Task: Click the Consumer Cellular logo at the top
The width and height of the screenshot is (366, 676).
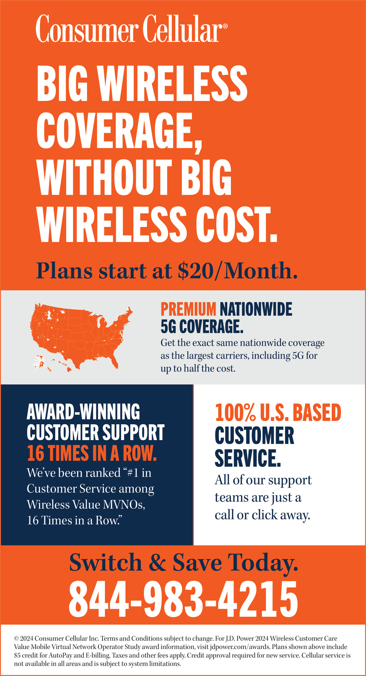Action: [131, 29]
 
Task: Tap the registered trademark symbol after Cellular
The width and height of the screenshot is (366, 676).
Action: [225, 26]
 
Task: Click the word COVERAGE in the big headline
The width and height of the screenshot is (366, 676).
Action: [119, 131]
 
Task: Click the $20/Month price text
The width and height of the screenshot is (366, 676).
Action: [238, 271]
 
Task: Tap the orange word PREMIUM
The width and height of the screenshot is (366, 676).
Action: [188, 309]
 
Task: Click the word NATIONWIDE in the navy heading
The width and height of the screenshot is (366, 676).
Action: [256, 309]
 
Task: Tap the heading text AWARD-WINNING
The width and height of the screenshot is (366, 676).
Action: [83, 412]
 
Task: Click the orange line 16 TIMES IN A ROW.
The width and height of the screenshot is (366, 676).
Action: [92, 453]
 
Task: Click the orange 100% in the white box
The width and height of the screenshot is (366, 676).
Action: [235, 413]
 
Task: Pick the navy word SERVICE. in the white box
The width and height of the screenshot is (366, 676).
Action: [248, 458]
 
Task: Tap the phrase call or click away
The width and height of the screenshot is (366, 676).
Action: [262, 515]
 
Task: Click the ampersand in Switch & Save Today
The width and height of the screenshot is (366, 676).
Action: [157, 563]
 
